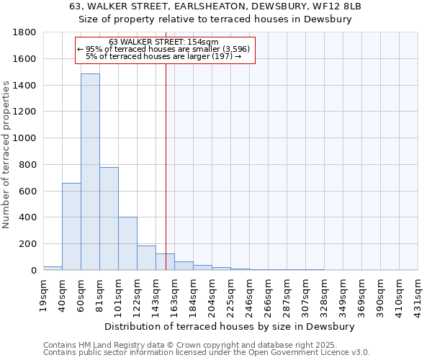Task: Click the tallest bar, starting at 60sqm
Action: pos(90,173)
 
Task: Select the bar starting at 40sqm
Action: pos(71,227)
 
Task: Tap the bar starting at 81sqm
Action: pos(109,219)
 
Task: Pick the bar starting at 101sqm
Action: pos(127,243)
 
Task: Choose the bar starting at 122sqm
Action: pos(146,258)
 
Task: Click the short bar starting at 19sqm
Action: pos(53,268)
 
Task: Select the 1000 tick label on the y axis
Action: pos(27,138)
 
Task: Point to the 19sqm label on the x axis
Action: pos(44,293)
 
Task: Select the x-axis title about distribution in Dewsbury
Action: pos(230,326)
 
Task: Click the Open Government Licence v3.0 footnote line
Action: pos(206,352)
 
